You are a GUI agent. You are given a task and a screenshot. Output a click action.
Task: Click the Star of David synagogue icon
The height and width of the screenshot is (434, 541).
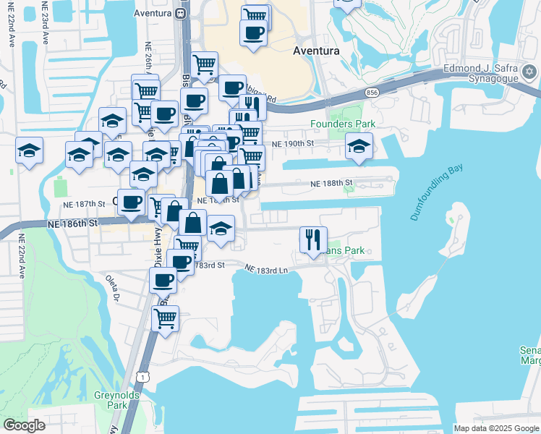pos(529,71)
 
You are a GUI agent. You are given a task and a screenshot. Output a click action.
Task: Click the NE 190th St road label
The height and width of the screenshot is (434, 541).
pos(293,144)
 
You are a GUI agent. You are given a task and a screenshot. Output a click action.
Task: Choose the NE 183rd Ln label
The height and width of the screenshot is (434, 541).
pos(266,269)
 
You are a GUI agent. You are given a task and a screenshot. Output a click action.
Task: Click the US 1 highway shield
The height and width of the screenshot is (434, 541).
pos(145,377)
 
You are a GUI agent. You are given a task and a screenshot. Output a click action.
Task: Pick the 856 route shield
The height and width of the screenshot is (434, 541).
pos(372,93)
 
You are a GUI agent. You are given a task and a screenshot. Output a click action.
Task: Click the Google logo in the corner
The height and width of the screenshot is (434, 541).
pos(24,425)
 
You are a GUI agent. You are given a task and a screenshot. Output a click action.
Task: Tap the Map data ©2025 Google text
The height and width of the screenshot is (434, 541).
pos(496,428)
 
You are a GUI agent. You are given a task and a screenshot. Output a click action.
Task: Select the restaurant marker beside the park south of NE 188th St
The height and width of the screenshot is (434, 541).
pos(312,239)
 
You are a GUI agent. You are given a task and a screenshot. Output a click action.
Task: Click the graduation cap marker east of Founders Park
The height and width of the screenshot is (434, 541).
pos(359,147)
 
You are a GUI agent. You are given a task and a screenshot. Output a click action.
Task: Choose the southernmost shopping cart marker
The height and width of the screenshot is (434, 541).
pos(166,318)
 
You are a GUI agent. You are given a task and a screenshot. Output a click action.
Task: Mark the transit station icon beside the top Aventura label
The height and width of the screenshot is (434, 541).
pos(180,13)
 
